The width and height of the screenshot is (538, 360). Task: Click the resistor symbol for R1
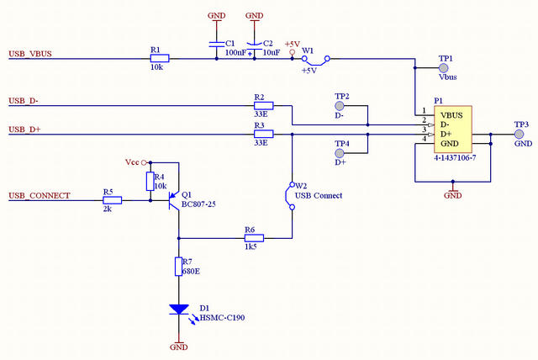click(x=160, y=58)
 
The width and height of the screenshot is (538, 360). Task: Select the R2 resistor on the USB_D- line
click(x=263, y=106)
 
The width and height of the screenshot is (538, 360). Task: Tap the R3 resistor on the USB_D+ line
click(x=263, y=134)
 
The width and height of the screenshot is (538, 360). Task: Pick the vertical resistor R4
click(x=150, y=181)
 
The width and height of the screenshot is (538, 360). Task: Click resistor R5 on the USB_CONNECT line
click(x=112, y=200)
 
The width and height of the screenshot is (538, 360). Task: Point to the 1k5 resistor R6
click(x=254, y=238)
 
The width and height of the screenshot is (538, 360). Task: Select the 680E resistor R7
click(x=178, y=267)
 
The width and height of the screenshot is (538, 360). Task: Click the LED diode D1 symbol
click(x=179, y=310)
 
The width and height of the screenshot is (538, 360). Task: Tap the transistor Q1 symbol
click(x=175, y=200)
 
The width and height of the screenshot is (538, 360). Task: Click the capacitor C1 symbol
click(x=217, y=44)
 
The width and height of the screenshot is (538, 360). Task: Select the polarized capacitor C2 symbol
click(x=254, y=45)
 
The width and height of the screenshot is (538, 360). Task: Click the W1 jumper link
click(x=316, y=61)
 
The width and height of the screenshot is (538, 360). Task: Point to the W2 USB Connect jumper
click(x=290, y=196)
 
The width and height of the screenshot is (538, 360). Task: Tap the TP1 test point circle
click(x=444, y=68)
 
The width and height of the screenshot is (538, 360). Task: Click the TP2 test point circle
click(x=340, y=106)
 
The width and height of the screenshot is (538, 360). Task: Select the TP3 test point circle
click(x=520, y=134)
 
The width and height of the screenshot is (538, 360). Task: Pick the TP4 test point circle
click(x=340, y=153)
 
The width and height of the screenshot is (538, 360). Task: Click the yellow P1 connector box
click(x=453, y=129)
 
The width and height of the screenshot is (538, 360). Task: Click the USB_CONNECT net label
click(x=40, y=196)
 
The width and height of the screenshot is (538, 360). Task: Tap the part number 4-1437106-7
click(x=455, y=158)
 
